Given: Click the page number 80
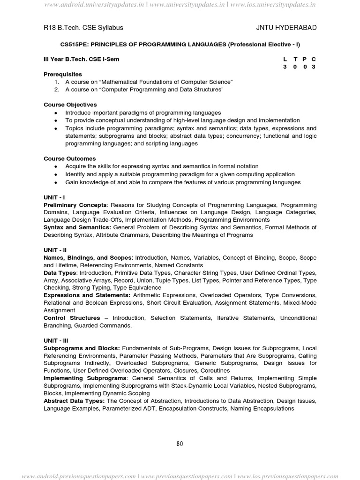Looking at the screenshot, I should [180, 444].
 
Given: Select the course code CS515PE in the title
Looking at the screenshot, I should [74, 44].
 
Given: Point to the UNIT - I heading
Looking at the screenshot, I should [54, 198].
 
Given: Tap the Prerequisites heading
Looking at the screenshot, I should [62, 75].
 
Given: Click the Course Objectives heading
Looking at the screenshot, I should [70, 105].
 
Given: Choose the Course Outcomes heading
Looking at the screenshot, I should [69, 158].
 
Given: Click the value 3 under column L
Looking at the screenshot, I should [285, 67].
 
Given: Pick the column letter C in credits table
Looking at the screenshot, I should [314, 59].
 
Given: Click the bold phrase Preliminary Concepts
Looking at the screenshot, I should [75, 205].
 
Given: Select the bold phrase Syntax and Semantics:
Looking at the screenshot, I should [77, 227].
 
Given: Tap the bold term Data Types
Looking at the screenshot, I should [60, 273].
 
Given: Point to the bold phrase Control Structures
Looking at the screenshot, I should [72, 318].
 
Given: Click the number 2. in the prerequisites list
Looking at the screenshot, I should [56, 89].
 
